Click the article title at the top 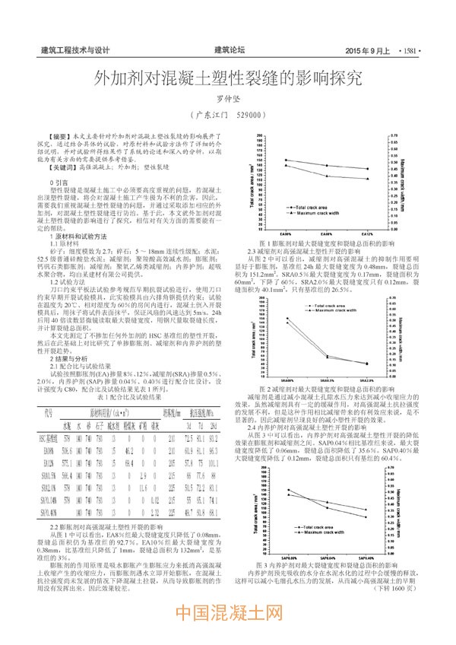227,78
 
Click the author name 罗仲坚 227,97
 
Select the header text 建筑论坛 227,49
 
